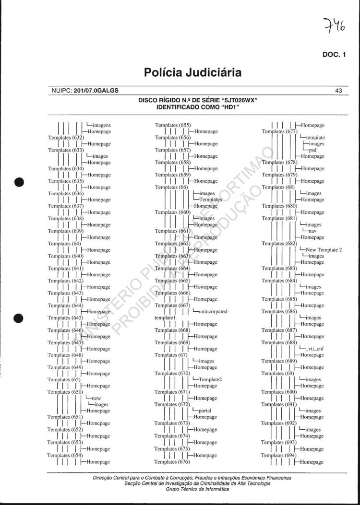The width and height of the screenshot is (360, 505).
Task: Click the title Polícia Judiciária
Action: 192,73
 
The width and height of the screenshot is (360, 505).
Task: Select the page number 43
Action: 338,90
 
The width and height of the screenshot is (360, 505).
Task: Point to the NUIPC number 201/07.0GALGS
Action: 96,90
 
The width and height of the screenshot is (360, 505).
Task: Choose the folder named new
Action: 96,398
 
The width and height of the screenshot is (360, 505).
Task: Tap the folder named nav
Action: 312,231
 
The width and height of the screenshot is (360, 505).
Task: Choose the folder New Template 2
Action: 324,249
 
